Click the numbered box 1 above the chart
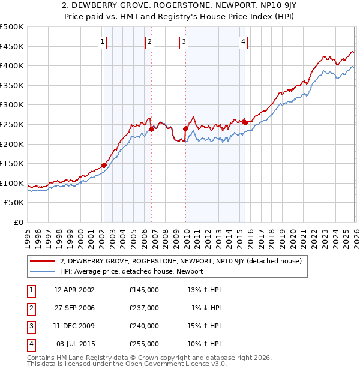pyautogui.click(x=103, y=41)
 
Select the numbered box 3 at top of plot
pyautogui.click(x=184, y=41)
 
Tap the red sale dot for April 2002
pyautogui.click(x=104, y=165)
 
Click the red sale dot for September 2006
pyautogui.click(x=151, y=129)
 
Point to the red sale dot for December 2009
pyautogui.click(x=185, y=128)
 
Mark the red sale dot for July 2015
pyautogui.click(x=244, y=122)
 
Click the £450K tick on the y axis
pyautogui.click(x=12, y=46)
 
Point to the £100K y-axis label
pyautogui.click(x=12, y=183)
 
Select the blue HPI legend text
pyautogui.click(x=131, y=271)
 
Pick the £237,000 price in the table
pyautogui.click(x=144, y=308)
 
